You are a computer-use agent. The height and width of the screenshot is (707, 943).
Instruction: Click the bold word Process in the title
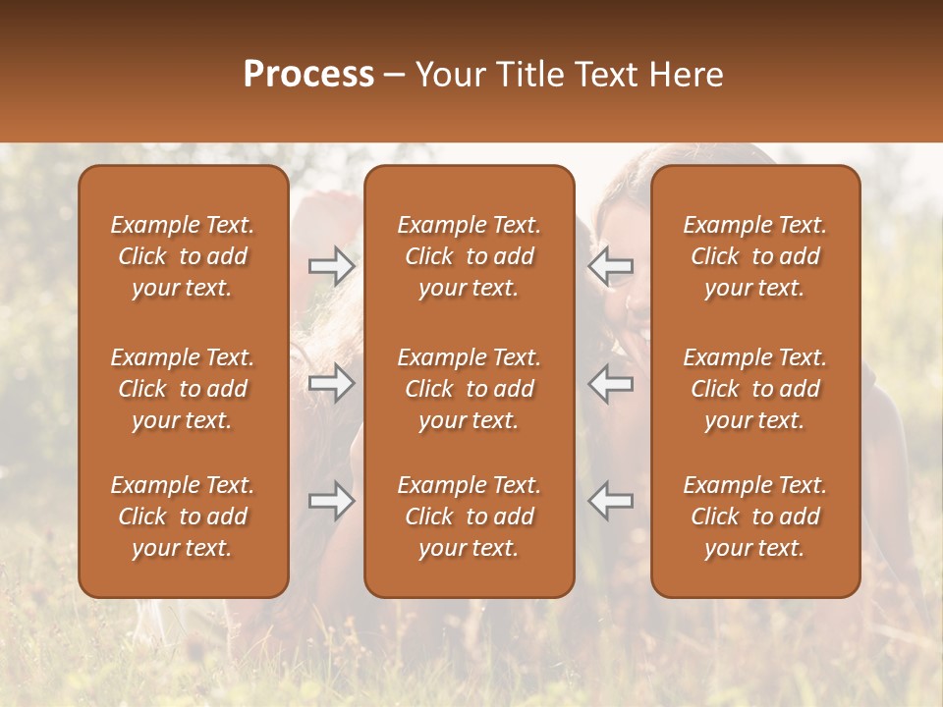pos(308,75)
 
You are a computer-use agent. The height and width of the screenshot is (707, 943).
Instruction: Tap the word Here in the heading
pos(686,75)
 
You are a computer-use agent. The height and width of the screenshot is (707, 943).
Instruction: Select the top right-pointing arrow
pos(332,266)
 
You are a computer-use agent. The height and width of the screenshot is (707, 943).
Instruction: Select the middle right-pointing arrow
pos(332,383)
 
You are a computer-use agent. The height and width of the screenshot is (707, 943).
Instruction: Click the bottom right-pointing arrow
pos(332,501)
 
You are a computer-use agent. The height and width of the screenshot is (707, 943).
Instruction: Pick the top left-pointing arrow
pos(611,266)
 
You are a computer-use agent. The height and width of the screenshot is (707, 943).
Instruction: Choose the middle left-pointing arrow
pos(611,383)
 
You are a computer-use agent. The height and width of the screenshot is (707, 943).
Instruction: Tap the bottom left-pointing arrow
pos(611,501)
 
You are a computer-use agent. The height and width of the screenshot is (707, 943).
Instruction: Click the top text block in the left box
pos(183,256)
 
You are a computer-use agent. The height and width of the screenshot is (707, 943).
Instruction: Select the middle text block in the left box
pos(183,389)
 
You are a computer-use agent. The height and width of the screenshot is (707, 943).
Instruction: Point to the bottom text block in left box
pos(183,517)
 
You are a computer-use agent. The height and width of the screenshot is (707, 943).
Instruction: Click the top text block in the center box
pos(469,256)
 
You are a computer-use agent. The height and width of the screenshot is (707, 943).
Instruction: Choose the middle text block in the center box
pos(469,389)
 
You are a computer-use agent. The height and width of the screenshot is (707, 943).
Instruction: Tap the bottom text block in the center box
pos(469,517)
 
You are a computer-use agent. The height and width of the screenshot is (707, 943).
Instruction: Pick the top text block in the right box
pos(754,256)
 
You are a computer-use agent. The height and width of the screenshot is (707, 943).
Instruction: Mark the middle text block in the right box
pos(754,389)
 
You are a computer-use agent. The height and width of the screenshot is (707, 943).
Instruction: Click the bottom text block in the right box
pos(754,517)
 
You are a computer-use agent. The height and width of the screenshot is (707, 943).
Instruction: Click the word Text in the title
pos(606,75)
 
